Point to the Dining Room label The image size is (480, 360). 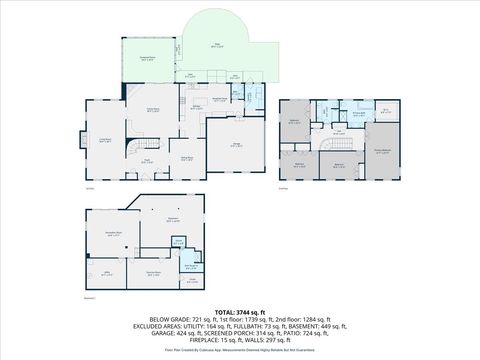pos(186,157)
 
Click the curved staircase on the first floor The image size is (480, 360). pos(131,151)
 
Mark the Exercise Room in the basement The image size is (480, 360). pos(153,273)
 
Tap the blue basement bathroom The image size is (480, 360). pos(189,267)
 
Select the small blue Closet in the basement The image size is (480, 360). pos(178,241)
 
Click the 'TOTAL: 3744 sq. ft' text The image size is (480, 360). pos(239,313)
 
